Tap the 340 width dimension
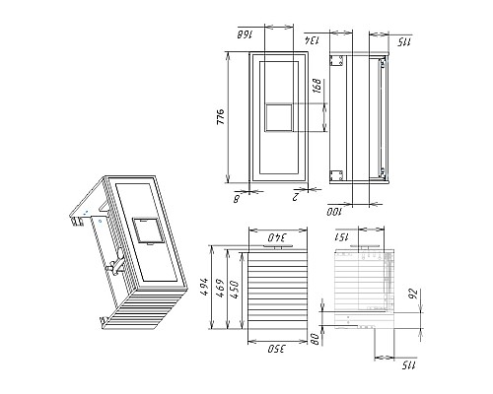(x=276, y=237)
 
